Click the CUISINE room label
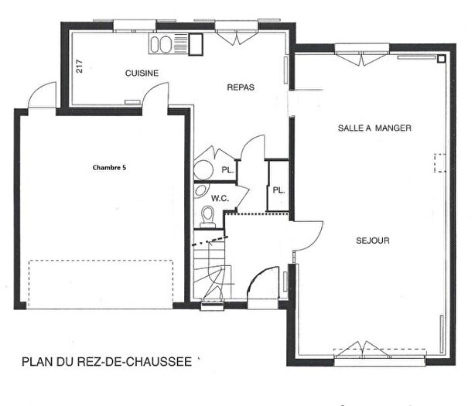tap(142, 73)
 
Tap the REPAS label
tap(241, 87)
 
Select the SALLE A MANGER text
tap(374, 128)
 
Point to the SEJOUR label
tap(373, 241)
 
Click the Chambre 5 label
tap(109, 167)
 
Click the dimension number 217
tap(80, 67)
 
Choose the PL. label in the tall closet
tap(278, 189)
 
